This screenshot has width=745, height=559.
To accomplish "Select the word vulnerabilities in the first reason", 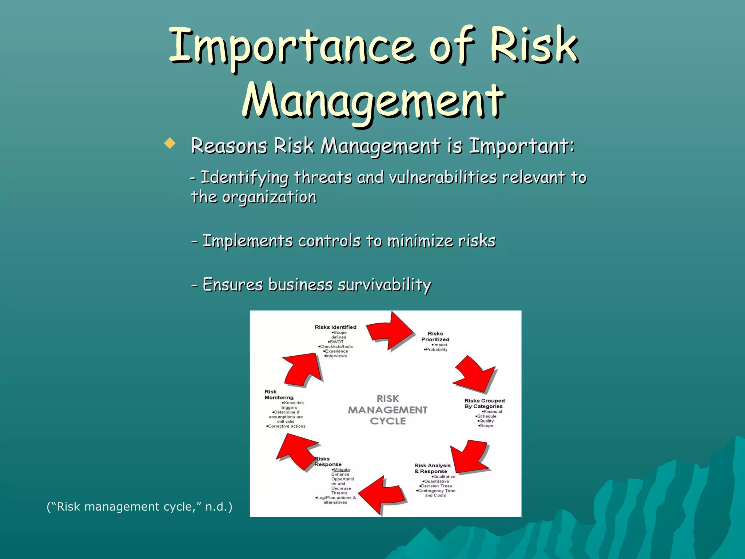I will pyautogui.click(x=443, y=178).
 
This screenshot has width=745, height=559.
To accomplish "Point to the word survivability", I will pyautogui.click(x=385, y=285).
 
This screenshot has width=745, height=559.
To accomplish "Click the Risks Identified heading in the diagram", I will pyautogui.click(x=335, y=327).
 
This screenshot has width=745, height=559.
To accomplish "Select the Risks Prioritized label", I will pyautogui.click(x=435, y=337).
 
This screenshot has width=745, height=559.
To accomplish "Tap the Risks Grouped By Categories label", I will pyautogui.click(x=484, y=403).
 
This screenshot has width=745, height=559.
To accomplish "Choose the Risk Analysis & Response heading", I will pyautogui.click(x=432, y=468).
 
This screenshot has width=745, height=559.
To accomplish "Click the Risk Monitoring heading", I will pyautogui.click(x=279, y=395).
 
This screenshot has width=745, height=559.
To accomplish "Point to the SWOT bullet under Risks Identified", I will pyautogui.click(x=336, y=342).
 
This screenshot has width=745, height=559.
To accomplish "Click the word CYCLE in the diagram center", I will pyautogui.click(x=388, y=421).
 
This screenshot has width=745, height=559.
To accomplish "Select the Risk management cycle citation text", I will pyautogui.click(x=139, y=507).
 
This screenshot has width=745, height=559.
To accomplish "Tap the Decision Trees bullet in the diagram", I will pyautogui.click(x=436, y=486).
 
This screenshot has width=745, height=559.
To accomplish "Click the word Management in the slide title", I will pyautogui.click(x=374, y=100).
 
